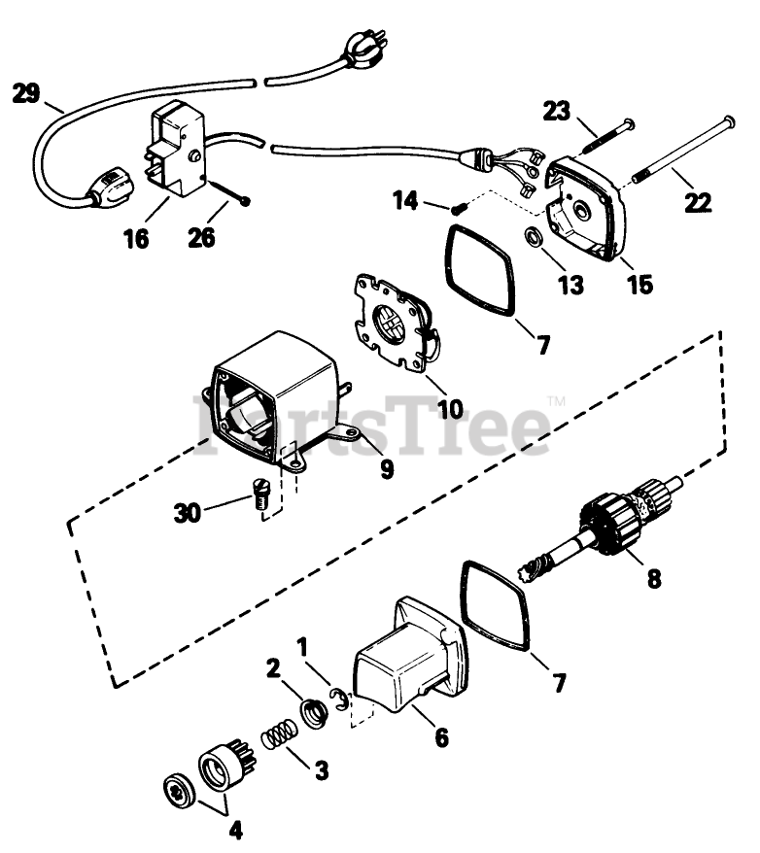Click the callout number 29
tap(26, 94)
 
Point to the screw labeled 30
tap(258, 499)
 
